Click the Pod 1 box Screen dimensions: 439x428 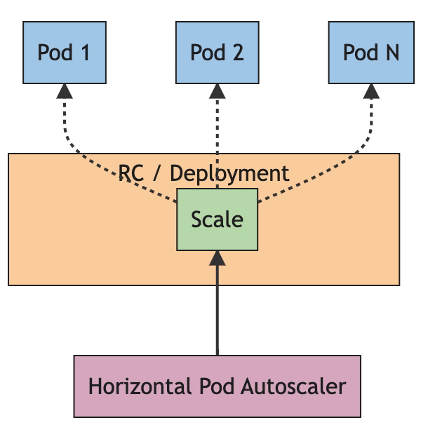point(64,53)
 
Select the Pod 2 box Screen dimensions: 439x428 point(218,53)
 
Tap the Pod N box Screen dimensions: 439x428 point(371,53)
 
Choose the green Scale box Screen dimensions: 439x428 point(218,219)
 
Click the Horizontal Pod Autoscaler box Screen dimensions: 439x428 point(218,386)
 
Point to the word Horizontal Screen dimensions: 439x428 point(130,386)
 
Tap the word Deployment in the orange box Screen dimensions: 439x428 point(230,173)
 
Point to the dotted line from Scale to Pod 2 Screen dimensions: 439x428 point(218,133)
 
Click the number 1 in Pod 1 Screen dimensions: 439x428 point(84,53)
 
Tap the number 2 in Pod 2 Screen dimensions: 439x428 point(237,53)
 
